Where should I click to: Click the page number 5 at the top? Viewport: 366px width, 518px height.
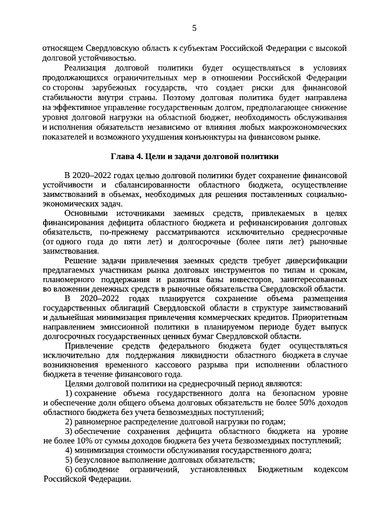pyautogui.click(x=194, y=27)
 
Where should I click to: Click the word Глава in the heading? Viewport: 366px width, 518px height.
pyautogui.click(x=122, y=157)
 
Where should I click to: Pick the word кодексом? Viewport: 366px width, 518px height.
pyautogui.click(x=331, y=470)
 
